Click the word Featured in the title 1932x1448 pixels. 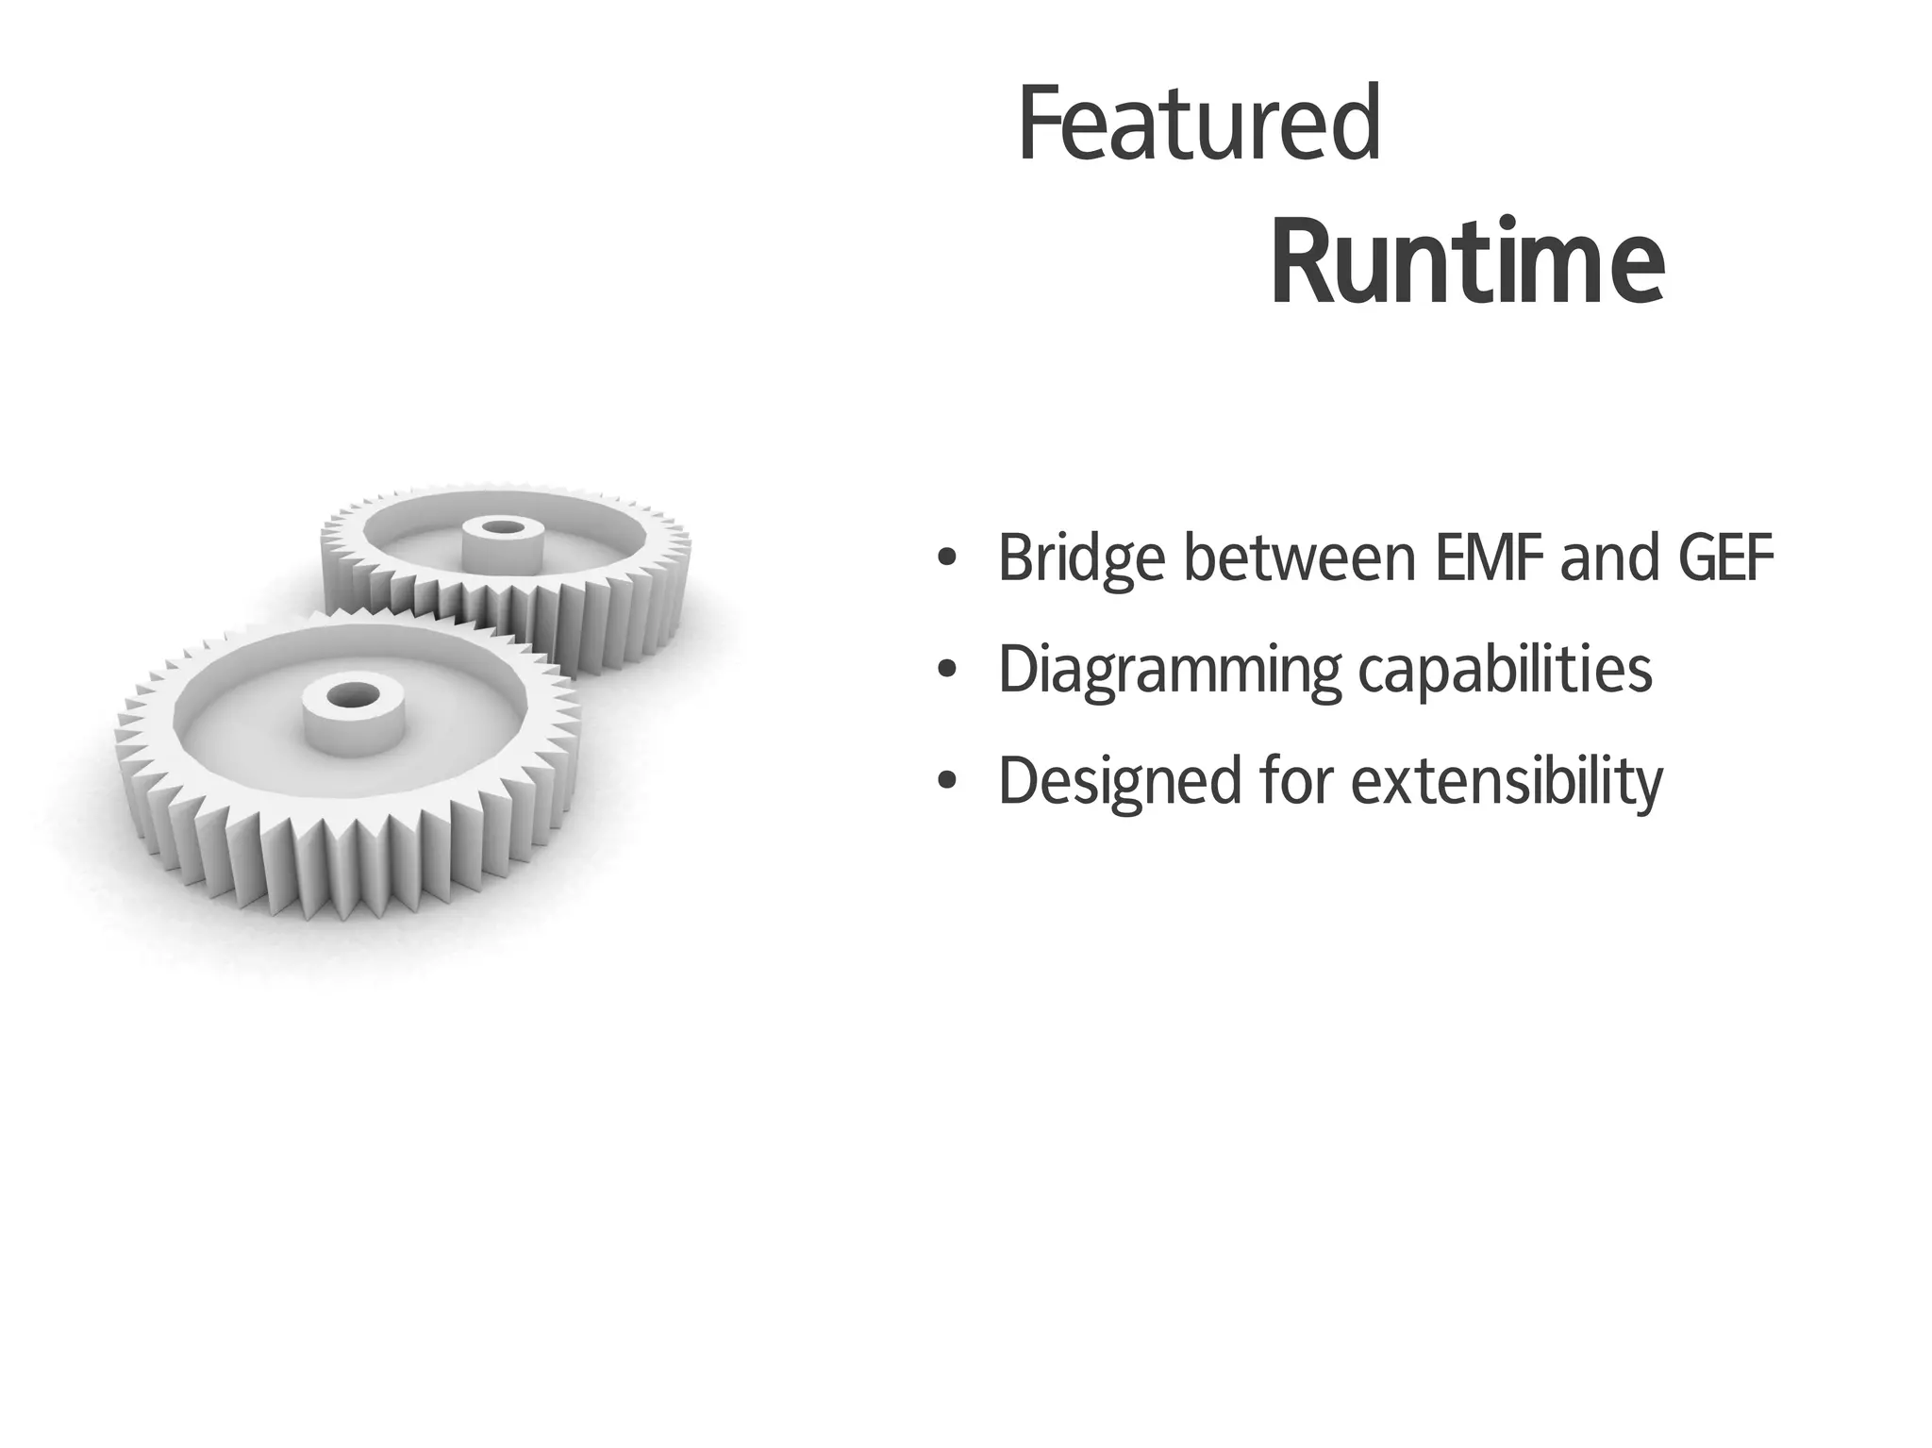click(1199, 125)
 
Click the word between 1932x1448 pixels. click(1299, 558)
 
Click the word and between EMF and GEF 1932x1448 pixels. click(1609, 558)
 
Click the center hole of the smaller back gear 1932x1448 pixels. click(501, 525)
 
